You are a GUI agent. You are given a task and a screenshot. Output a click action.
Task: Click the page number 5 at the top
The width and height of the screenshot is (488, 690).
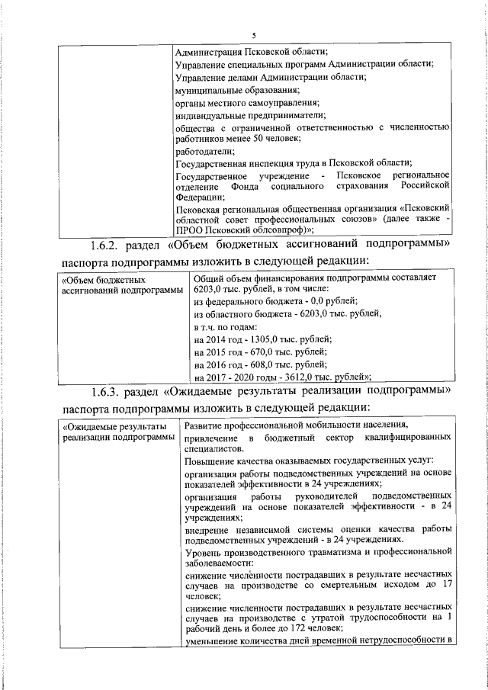(x=255, y=34)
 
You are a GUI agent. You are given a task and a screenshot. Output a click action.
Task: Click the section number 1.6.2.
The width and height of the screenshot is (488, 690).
(x=102, y=245)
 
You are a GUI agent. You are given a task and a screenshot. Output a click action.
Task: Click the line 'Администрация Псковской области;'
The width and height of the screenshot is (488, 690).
(x=252, y=53)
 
